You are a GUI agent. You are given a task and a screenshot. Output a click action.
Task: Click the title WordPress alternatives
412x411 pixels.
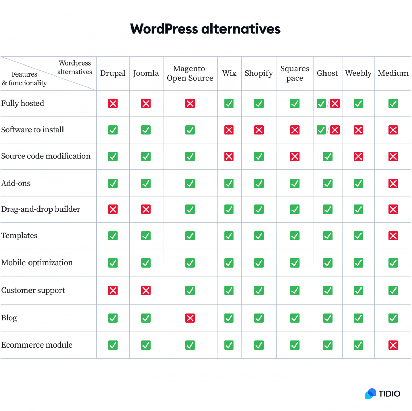tap(205, 29)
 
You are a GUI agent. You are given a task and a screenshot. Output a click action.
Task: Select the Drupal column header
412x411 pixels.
tap(113, 73)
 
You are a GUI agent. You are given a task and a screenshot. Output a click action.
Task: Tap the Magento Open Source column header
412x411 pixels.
tap(190, 73)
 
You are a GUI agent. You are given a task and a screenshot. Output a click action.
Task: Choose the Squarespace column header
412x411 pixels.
tap(295, 73)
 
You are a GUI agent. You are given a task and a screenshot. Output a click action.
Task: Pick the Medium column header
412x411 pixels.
tap(393, 73)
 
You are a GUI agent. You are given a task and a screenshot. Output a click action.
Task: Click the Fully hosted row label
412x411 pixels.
tap(23, 103)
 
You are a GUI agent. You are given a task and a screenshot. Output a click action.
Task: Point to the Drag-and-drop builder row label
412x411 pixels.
tap(41, 209)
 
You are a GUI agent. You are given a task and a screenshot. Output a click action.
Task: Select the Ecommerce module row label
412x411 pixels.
tap(37, 345)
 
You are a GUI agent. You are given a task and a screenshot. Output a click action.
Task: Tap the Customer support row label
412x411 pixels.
tap(33, 290)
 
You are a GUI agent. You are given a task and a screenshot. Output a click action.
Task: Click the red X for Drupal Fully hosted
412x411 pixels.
tap(113, 103)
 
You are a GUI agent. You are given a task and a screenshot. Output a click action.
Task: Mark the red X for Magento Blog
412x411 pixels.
tap(190, 318)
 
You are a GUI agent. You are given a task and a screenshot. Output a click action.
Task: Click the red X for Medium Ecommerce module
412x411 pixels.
tap(393, 345)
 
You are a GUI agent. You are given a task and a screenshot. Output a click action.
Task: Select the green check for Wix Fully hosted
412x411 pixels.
tap(229, 103)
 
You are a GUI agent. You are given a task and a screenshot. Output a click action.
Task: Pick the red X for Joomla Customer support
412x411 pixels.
tap(146, 291)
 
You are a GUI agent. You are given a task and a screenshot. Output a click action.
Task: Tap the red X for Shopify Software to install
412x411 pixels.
tap(259, 130)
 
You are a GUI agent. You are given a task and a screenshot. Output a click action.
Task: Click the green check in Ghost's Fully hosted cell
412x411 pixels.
tap(321, 103)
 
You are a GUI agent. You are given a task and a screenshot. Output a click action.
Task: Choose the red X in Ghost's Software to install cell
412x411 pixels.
tap(335, 130)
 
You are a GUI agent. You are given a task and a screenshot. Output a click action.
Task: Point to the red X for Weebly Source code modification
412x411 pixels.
tap(358, 156)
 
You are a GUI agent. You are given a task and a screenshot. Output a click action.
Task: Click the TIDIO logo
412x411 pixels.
tap(382, 394)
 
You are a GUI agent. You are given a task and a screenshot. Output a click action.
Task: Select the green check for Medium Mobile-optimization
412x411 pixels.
tap(393, 263)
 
